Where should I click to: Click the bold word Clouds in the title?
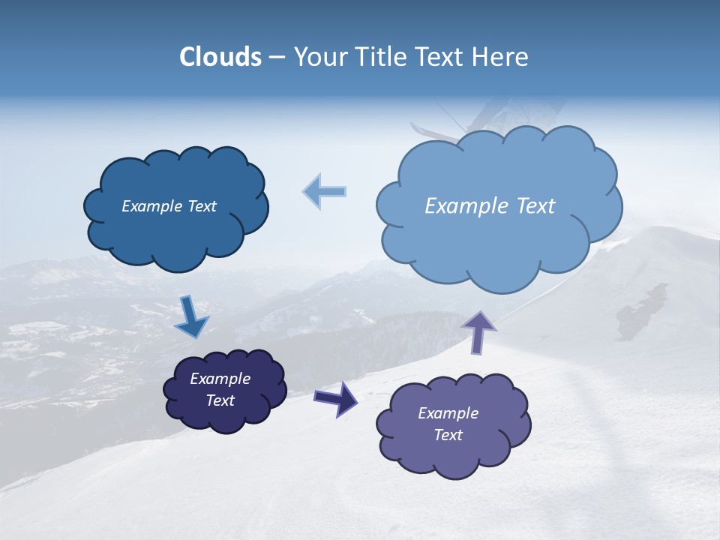[x=220, y=57]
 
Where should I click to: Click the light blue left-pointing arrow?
[x=325, y=191]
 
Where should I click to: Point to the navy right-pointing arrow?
[x=336, y=398]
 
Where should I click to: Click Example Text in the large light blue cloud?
[x=490, y=206]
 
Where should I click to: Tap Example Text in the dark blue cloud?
[x=169, y=206]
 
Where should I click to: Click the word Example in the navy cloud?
[x=220, y=379]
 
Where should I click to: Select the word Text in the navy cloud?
[x=220, y=400]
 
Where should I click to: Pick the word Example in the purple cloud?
[x=448, y=413]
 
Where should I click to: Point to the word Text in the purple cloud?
[x=448, y=435]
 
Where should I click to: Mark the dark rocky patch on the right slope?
[x=641, y=311]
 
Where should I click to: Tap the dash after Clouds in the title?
[x=275, y=57]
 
